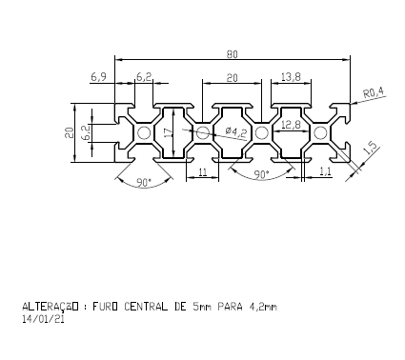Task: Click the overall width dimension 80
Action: point(233,53)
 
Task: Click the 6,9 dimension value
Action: point(98,74)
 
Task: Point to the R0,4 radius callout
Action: point(374,91)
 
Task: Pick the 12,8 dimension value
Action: point(291,124)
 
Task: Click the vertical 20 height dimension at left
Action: point(69,132)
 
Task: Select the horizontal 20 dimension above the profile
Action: point(232,75)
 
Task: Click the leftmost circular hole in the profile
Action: point(144,132)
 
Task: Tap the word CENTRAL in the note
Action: point(149,307)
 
